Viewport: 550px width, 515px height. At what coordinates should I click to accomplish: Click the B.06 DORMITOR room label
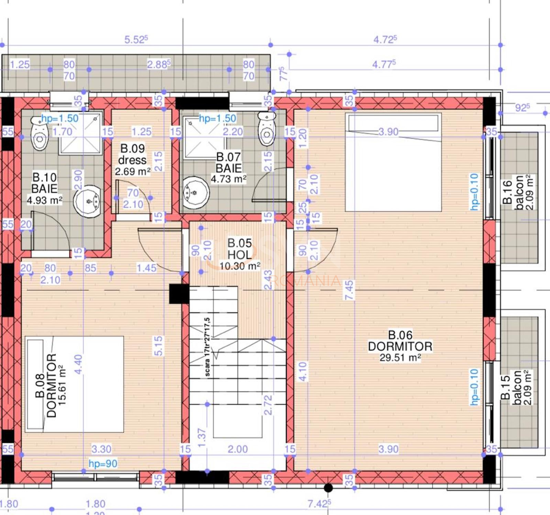[400, 346]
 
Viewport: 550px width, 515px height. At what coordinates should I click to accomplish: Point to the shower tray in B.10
[80, 133]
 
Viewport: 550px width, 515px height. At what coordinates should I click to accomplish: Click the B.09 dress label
[132, 154]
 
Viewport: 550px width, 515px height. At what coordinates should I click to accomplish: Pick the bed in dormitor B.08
[74, 384]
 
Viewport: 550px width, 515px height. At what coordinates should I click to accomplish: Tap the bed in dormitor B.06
[393, 162]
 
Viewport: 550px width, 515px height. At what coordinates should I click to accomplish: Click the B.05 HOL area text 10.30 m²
[240, 266]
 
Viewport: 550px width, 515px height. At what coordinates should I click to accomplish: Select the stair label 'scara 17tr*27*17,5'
[207, 347]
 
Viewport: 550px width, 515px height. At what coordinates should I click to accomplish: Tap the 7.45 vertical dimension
[349, 290]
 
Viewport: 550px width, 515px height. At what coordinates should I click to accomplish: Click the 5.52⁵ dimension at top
[136, 39]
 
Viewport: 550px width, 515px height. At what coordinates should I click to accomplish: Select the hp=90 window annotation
[103, 463]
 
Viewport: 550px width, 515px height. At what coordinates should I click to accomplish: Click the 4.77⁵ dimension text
[384, 64]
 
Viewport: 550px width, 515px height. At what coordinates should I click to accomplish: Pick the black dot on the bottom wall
[328, 488]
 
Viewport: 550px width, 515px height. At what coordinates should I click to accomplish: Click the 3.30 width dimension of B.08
[101, 449]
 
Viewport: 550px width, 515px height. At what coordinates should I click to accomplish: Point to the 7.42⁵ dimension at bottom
[319, 504]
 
